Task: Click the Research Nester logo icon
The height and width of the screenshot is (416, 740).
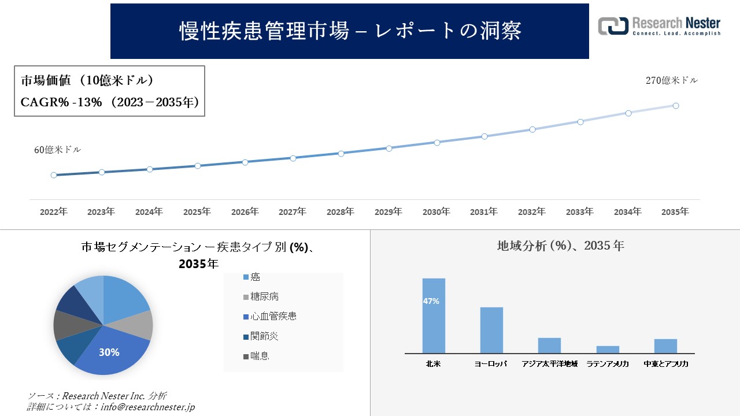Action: point(613,26)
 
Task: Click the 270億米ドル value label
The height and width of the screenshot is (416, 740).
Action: point(672,81)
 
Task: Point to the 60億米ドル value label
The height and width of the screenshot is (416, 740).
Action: point(58,150)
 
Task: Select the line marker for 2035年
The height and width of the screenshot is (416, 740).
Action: point(675,106)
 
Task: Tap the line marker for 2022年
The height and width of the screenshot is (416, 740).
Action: point(54,174)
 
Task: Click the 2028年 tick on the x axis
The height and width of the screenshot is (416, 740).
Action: point(341,212)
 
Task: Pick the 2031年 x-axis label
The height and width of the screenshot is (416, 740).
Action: point(484,212)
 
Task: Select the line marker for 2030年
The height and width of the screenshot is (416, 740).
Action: point(436,142)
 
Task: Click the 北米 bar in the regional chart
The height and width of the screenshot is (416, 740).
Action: point(434,315)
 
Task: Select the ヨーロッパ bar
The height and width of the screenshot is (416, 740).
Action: point(491,330)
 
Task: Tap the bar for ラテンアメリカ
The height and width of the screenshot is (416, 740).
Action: point(608,350)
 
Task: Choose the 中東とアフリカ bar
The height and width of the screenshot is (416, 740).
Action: point(665,346)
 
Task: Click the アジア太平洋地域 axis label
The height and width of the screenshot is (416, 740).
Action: point(549,365)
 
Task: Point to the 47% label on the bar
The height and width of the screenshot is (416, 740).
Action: point(431,301)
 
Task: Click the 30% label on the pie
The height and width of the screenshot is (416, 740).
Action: point(109,352)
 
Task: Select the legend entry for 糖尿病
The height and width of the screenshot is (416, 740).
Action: point(265,297)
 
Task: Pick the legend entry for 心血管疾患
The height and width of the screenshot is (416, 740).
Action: point(273,317)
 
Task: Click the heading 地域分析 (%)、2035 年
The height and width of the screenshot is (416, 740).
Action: point(561,246)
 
